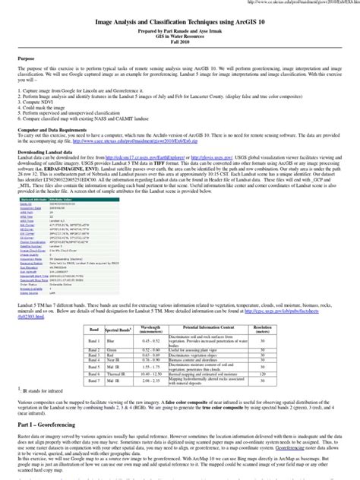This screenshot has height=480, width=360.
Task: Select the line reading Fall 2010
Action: tap(180, 49)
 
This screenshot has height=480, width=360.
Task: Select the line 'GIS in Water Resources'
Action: tap(180, 43)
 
